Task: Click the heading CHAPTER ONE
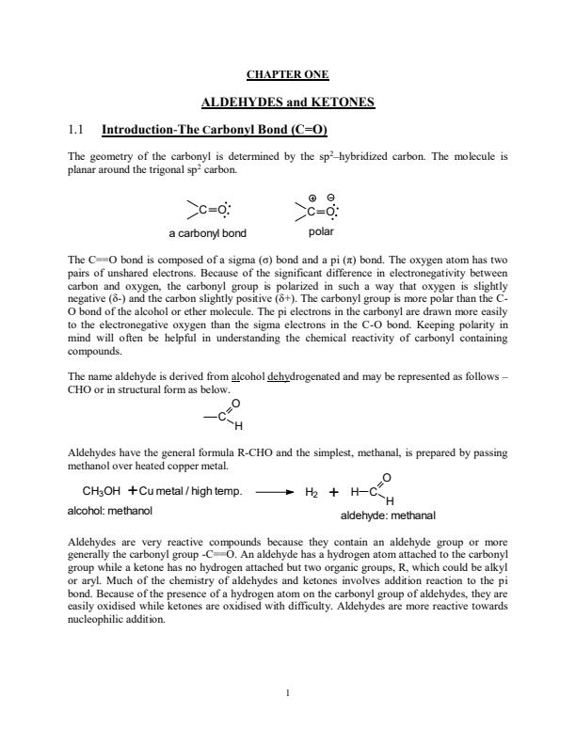coord(287,74)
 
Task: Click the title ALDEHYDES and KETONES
coord(288,102)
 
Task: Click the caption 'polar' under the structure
coord(321,230)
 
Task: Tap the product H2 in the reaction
coord(313,492)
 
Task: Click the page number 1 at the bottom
coord(288,695)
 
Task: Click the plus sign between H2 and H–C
coord(333,491)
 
